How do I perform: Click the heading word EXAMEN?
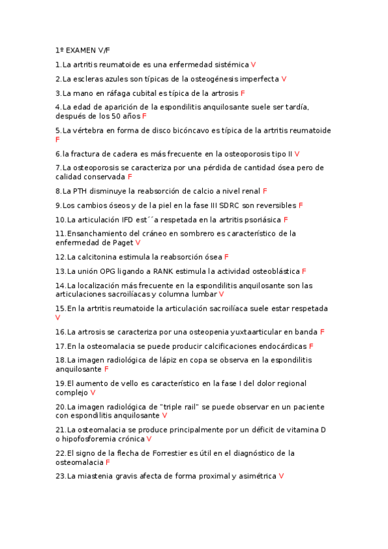coord(80,50)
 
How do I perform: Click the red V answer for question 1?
coord(253,65)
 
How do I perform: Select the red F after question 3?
coord(242,93)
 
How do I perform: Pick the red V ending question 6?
coord(297,154)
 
